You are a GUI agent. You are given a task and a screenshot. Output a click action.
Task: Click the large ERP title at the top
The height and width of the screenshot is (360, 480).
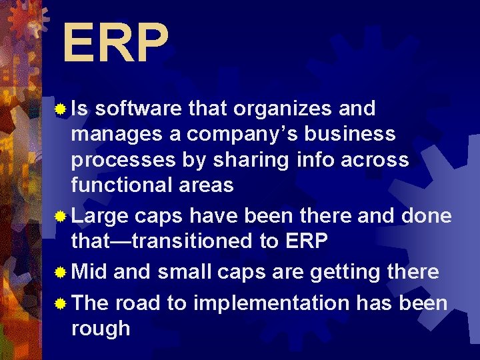[115, 43]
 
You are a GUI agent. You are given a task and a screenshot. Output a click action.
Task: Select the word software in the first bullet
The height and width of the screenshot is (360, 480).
[141, 108]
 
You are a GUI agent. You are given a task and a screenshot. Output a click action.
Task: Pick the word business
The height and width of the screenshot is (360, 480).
[357, 134]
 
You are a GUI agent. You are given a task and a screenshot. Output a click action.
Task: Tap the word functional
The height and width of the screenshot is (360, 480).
[122, 185]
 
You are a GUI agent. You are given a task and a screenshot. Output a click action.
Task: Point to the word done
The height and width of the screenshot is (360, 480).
[427, 216]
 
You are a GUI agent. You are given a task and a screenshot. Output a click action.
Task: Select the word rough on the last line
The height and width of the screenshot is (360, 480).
[101, 329]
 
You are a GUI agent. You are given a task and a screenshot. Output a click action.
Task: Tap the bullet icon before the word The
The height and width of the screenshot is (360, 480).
[61, 304]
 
